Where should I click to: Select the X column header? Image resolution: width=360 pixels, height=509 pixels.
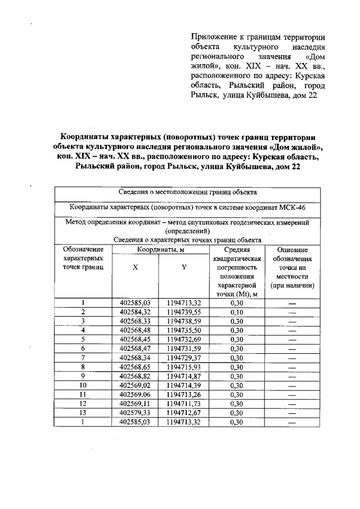(136, 268)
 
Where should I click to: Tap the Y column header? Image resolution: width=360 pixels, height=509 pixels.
(184, 268)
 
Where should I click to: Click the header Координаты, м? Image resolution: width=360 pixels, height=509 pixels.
(160, 249)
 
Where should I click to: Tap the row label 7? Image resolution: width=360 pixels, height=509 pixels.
(83, 357)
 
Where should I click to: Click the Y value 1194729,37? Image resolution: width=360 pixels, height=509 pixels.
(184, 357)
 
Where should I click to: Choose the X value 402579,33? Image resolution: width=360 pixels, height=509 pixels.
(136, 412)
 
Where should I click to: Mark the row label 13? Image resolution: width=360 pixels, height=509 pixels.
(83, 412)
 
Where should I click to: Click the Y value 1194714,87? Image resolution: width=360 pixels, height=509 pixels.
(184, 376)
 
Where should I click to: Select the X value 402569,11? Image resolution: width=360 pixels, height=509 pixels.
(136, 403)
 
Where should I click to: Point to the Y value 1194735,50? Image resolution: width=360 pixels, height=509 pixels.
(184, 330)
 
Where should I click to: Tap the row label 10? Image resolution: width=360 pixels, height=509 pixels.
(83, 385)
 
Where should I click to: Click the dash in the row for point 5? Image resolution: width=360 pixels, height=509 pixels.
(292, 339)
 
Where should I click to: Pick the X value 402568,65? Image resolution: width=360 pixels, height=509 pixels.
(136, 367)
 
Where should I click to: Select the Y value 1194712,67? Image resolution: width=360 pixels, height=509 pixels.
(184, 412)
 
